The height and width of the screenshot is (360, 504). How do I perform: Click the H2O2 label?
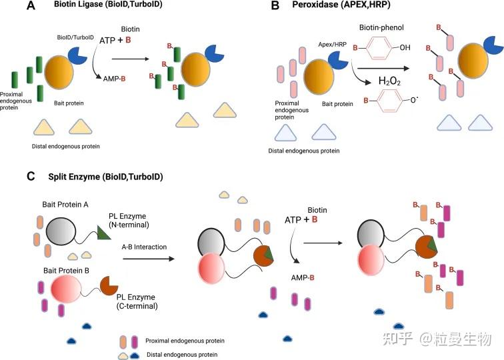pos(391,82)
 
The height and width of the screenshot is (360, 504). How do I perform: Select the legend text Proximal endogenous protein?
pos(185,341)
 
